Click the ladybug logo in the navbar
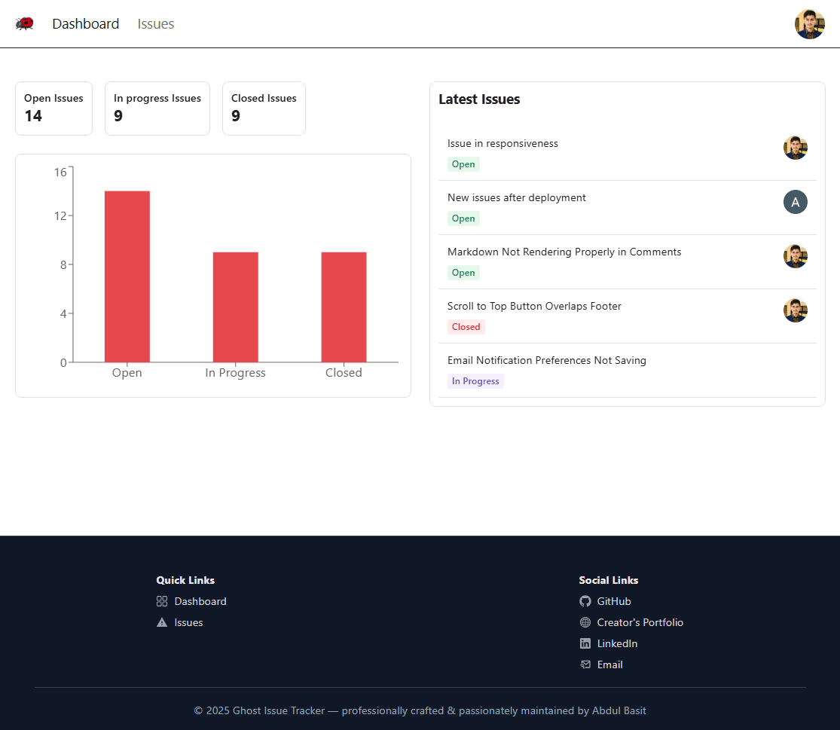tap(25, 24)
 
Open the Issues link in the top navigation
tap(156, 24)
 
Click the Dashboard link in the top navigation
tap(85, 24)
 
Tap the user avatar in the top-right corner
tap(809, 24)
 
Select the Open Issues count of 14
tap(33, 116)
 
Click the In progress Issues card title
tap(157, 98)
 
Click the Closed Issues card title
tap(264, 98)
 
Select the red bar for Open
tap(127, 276)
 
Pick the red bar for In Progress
tap(235, 307)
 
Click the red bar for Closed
tap(344, 307)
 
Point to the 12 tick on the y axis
tap(61, 216)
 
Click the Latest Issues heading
tap(479, 99)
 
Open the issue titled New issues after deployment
tap(516, 198)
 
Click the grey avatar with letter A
tap(795, 202)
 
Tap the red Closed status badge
tap(466, 327)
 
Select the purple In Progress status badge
tap(475, 381)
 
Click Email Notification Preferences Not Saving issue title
tap(546, 361)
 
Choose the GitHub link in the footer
tap(613, 601)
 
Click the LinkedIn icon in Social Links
tap(585, 643)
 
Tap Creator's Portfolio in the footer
tap(640, 622)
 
